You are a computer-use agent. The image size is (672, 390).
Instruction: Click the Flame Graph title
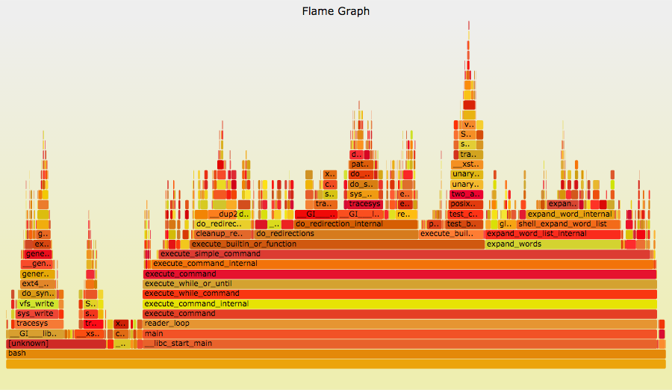tap(335, 11)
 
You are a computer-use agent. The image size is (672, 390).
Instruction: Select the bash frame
tap(335, 353)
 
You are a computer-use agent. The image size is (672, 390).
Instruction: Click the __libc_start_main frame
tap(399, 344)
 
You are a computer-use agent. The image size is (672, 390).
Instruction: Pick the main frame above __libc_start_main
tap(399, 333)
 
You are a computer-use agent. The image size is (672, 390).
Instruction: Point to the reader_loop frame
tap(399, 324)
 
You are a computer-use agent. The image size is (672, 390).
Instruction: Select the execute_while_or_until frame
tap(399, 284)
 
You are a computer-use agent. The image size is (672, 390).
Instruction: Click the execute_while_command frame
tap(399, 294)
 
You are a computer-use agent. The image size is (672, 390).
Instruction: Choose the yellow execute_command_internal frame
tap(399, 304)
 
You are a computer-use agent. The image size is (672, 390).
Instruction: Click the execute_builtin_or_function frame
tap(337, 244)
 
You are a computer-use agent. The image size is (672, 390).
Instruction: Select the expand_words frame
tap(553, 244)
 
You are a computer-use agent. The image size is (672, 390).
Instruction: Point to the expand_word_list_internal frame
tap(553, 234)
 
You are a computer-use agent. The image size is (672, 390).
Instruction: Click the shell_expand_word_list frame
tap(568, 223)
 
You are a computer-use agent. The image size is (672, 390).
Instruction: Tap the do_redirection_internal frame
tap(355, 223)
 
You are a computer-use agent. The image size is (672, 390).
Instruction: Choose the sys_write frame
tap(35, 314)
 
